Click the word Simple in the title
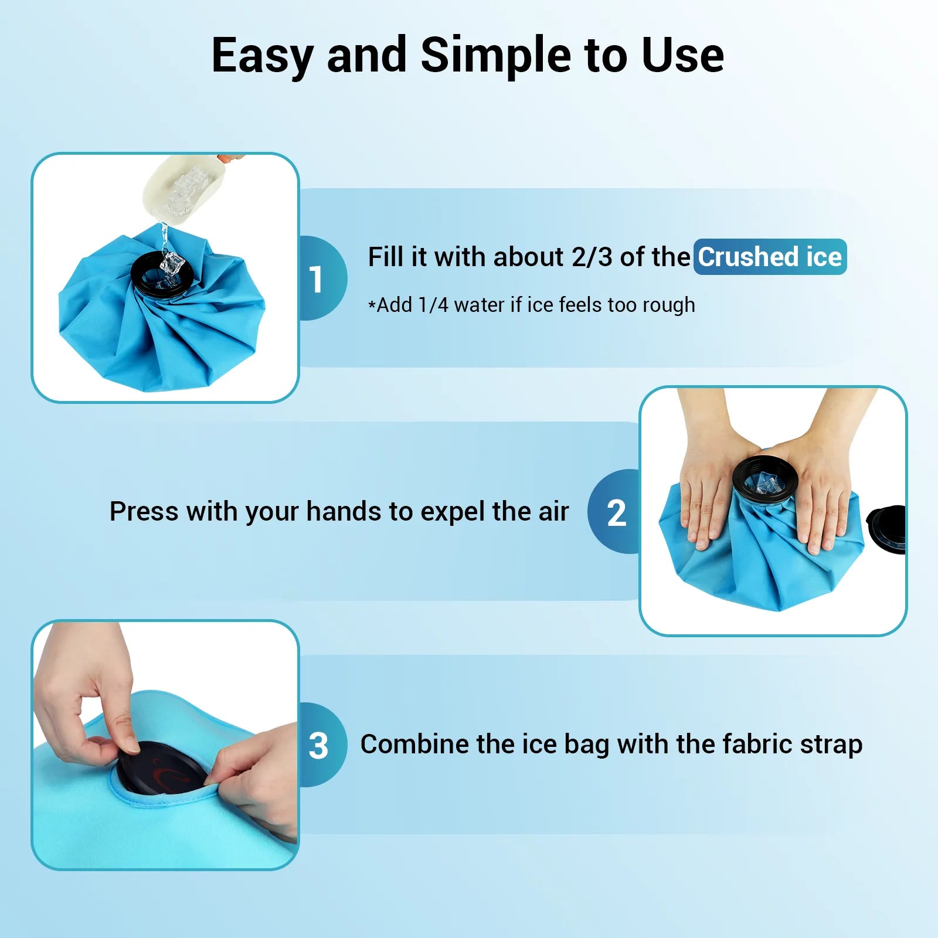click(x=495, y=56)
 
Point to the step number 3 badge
click(x=322, y=745)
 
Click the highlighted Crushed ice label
click(x=770, y=257)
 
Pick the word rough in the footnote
click(x=668, y=306)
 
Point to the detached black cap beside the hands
click(x=886, y=529)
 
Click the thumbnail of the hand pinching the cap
click(x=165, y=745)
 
